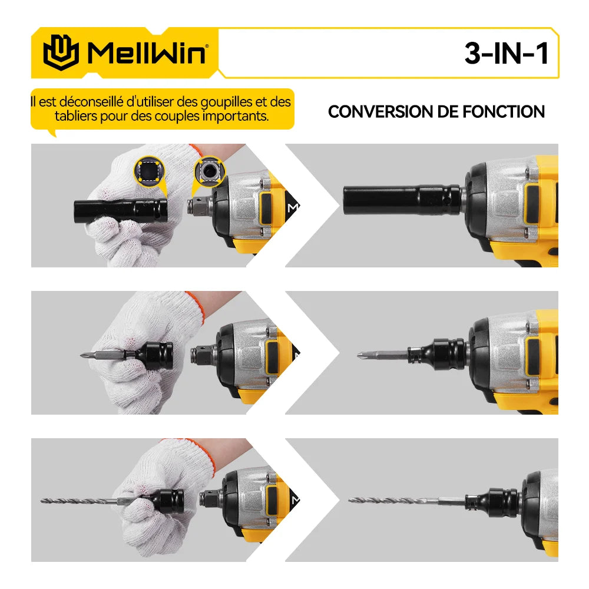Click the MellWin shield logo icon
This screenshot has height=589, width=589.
60,52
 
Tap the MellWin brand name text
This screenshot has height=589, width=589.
147,53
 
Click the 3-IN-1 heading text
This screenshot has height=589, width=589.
506,54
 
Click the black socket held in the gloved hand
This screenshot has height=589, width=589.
121,209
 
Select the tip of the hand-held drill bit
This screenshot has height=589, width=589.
44,501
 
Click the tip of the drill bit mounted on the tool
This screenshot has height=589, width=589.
352,501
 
